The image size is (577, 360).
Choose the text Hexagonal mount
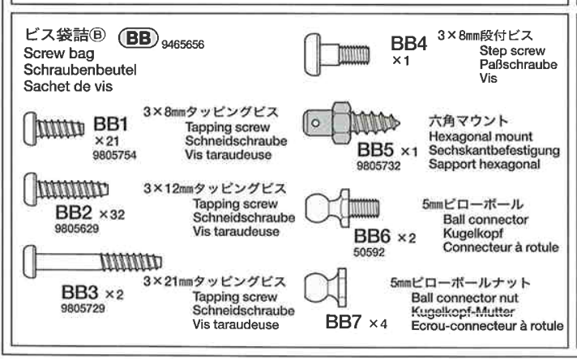pos(473,138)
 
